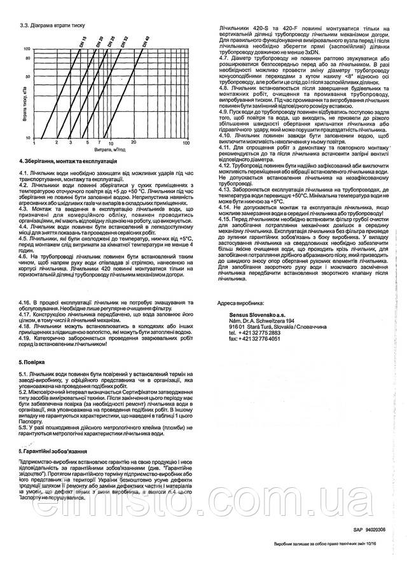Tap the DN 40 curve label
pos(147,43)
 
